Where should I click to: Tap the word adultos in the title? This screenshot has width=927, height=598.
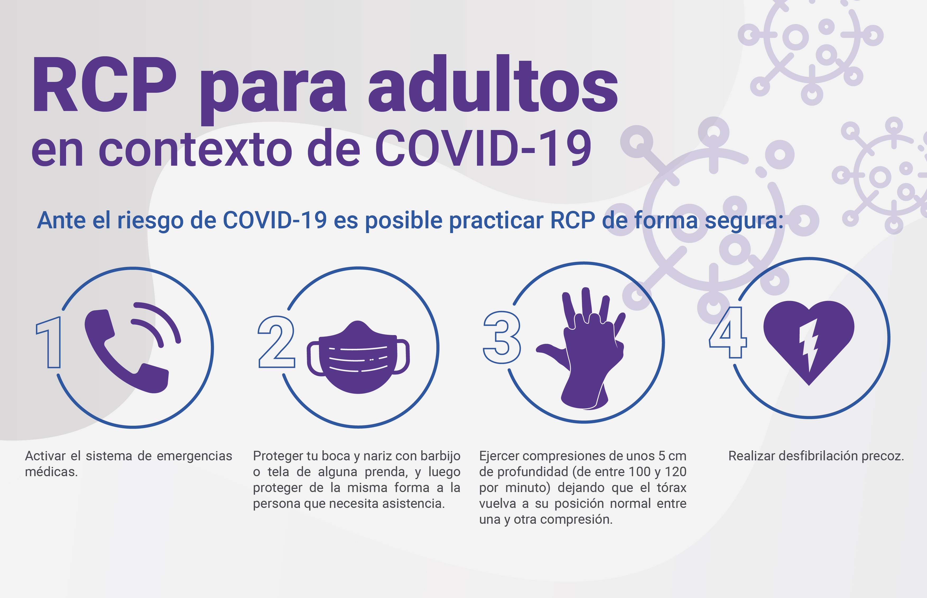click(493, 84)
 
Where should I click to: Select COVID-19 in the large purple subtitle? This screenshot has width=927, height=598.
click(483, 148)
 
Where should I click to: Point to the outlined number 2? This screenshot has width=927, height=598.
click(276, 342)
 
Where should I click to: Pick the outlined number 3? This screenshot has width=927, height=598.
click(502, 337)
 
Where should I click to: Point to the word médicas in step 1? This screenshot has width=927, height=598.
click(51, 472)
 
